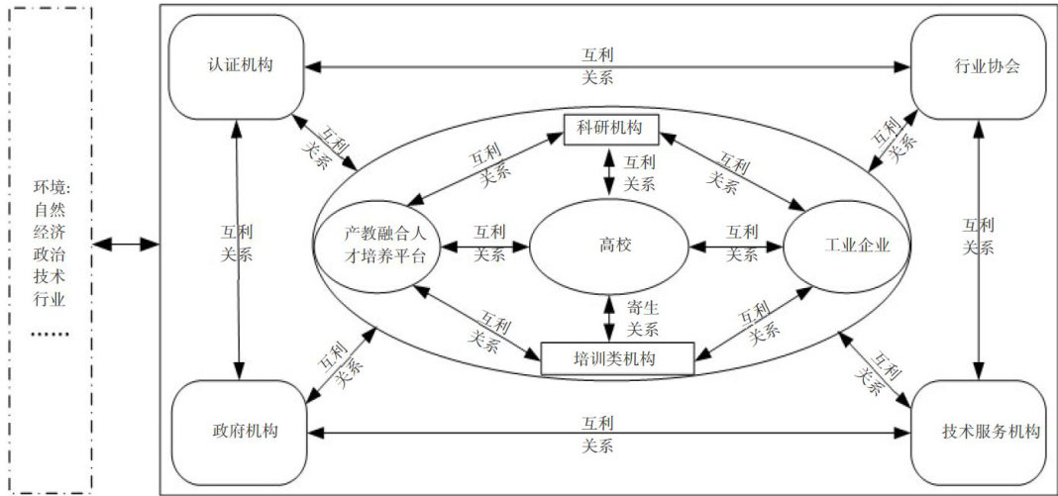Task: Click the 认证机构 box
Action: pos(241,66)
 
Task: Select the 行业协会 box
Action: pos(983,67)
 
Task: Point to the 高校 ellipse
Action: pos(608,245)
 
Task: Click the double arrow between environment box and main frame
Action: pos(128,243)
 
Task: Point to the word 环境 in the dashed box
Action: pos(48,187)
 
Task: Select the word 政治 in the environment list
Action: pos(48,252)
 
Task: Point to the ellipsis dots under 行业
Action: pos(48,334)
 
